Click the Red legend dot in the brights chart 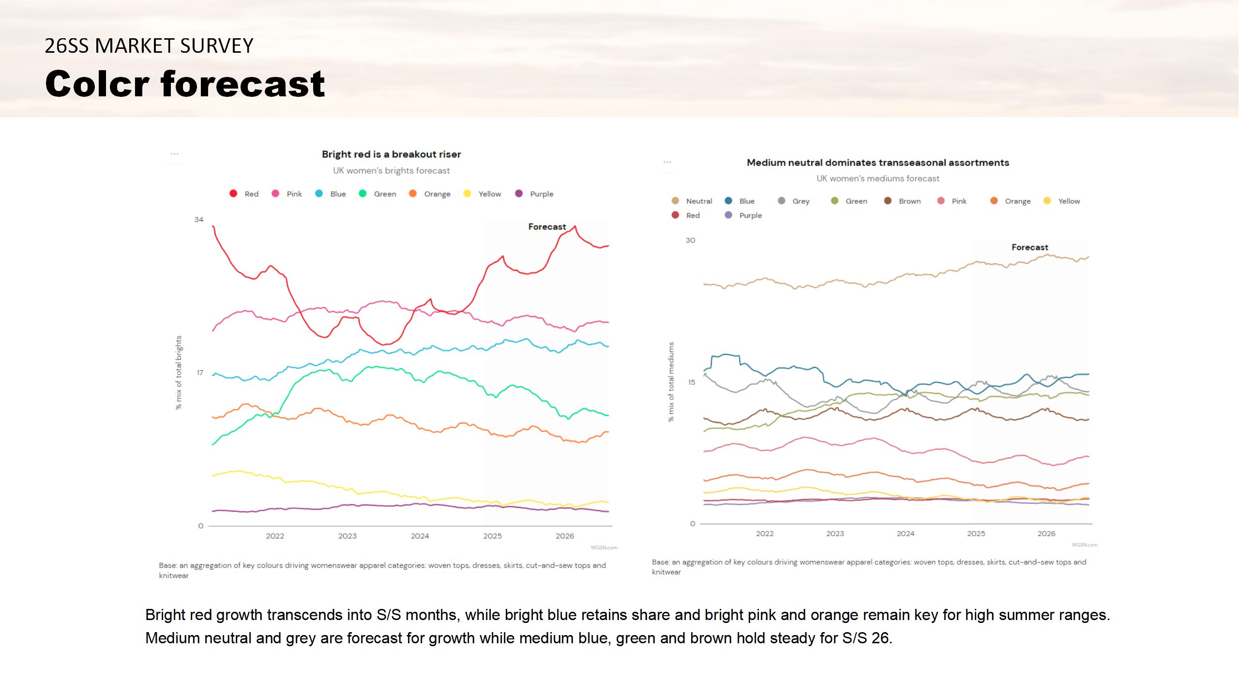(x=233, y=194)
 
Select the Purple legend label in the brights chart (x=541, y=194)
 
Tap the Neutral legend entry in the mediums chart (x=692, y=201)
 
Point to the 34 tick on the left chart (x=199, y=220)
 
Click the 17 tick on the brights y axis (x=200, y=373)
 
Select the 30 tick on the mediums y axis (x=690, y=241)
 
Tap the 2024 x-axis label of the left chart (x=420, y=536)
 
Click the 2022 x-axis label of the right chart (x=765, y=533)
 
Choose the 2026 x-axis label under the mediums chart (x=1046, y=533)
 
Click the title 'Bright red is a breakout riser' (x=391, y=154)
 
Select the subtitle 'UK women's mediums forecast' (x=877, y=179)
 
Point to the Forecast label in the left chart (x=547, y=227)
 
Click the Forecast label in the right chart (x=1029, y=247)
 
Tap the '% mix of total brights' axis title (x=179, y=373)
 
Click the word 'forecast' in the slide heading (x=242, y=84)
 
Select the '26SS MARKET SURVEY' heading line (x=149, y=46)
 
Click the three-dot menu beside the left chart (x=175, y=154)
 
